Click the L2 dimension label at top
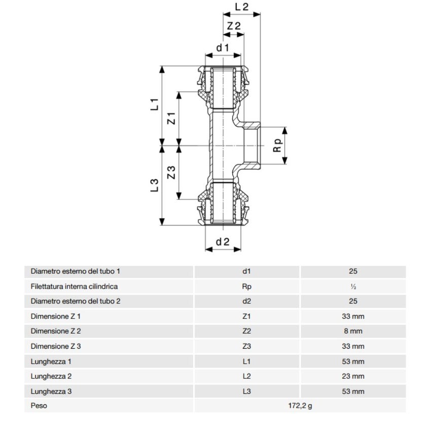pyautogui.click(x=242, y=7)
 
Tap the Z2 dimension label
pyautogui.click(x=234, y=26)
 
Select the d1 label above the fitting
pyautogui.click(x=223, y=48)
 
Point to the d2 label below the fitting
pyautogui.click(x=223, y=242)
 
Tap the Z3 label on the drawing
pyautogui.click(x=172, y=172)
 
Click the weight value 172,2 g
pyautogui.click(x=300, y=406)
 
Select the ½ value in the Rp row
pyautogui.click(x=353, y=286)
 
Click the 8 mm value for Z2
pyautogui.click(x=353, y=331)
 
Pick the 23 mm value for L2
pyautogui.click(x=353, y=376)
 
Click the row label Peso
pyautogui.click(x=39, y=406)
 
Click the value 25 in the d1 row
pyautogui.click(x=353, y=272)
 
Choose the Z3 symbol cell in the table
pyautogui.click(x=247, y=346)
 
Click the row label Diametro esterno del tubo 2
pyautogui.click(x=76, y=301)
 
